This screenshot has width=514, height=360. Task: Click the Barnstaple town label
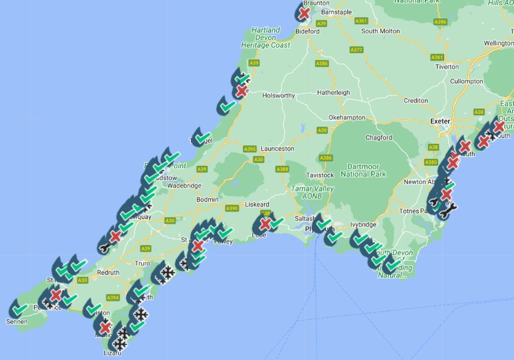point(336,12)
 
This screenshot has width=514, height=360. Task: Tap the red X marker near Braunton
point(304,13)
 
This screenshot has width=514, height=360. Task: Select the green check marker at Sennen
point(20,310)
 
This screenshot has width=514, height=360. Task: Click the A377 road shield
point(356,49)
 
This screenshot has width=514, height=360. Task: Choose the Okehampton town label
point(347,117)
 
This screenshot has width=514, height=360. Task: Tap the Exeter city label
point(439,121)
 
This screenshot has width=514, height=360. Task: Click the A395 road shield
point(250,149)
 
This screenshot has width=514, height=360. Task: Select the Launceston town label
point(277,149)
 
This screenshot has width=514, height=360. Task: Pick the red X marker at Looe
point(265,224)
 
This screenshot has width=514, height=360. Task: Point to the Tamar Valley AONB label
point(312,193)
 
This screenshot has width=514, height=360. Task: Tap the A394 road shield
point(113,297)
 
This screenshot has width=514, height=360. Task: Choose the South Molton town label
point(380,31)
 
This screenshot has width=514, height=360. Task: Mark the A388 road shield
point(282,170)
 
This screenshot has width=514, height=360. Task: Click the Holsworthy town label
point(278,95)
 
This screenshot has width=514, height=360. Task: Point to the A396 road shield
point(440,22)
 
